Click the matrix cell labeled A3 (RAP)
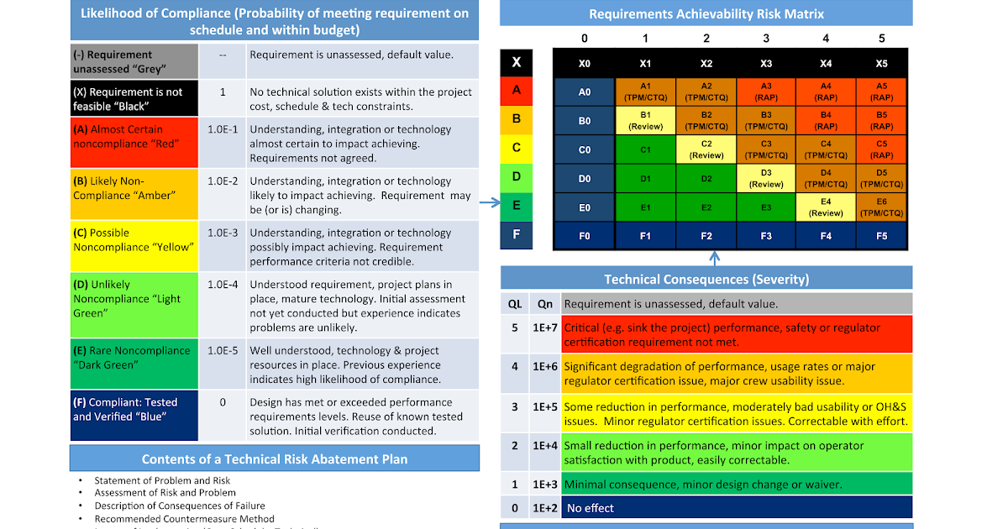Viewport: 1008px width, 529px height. pyautogui.click(x=766, y=92)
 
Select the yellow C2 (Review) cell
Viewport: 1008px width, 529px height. pyautogui.click(x=706, y=149)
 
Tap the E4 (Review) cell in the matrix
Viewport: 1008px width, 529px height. pyautogui.click(x=826, y=207)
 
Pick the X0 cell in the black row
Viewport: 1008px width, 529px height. pyautogui.click(x=585, y=64)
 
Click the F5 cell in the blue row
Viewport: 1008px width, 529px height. pyautogui.click(x=882, y=236)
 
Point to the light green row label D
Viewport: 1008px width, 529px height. pyautogui.click(x=517, y=176)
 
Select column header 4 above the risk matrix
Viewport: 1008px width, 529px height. pyautogui.click(x=826, y=39)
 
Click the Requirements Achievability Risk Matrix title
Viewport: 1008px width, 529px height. pyautogui.click(x=706, y=13)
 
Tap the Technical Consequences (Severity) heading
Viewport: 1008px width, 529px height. pyautogui.click(x=706, y=279)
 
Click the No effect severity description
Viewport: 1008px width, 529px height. pyautogui.click(x=590, y=508)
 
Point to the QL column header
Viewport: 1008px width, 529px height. pyautogui.click(x=514, y=304)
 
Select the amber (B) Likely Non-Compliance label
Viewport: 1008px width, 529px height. pyautogui.click(x=134, y=188)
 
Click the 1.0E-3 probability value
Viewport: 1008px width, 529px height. pyautogui.click(x=223, y=233)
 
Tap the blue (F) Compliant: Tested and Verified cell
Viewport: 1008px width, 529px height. pyautogui.click(x=134, y=410)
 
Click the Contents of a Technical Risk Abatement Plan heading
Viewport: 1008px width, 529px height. pyautogui.click(x=275, y=459)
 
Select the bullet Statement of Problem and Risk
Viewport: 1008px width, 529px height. pyautogui.click(x=162, y=480)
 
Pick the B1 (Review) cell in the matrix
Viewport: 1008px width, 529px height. pyautogui.click(x=645, y=121)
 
